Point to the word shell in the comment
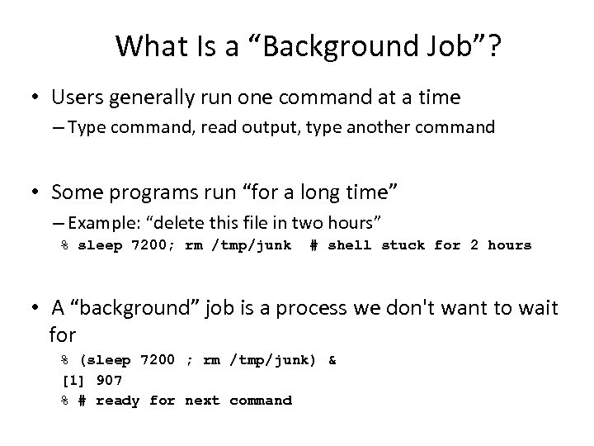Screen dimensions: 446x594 tap(351, 245)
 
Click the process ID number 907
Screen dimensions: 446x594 tap(109, 381)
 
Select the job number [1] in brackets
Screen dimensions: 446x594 tap(74, 381)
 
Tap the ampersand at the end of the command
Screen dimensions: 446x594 tap(332, 360)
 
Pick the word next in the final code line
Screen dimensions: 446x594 tap(202, 401)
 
